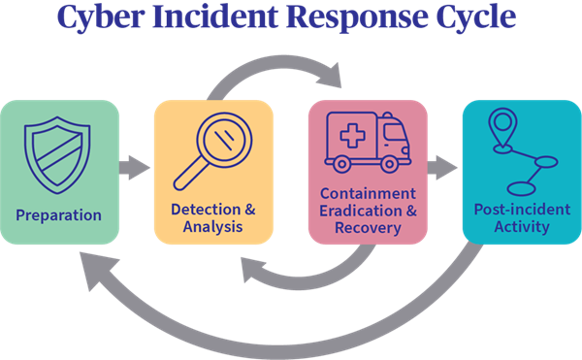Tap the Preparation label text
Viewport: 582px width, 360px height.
click(59, 214)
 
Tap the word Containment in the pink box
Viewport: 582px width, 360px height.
click(368, 194)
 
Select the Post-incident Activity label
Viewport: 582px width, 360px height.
click(520, 218)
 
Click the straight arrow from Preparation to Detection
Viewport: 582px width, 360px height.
click(136, 169)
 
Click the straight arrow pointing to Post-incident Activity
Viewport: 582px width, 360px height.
click(442, 168)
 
